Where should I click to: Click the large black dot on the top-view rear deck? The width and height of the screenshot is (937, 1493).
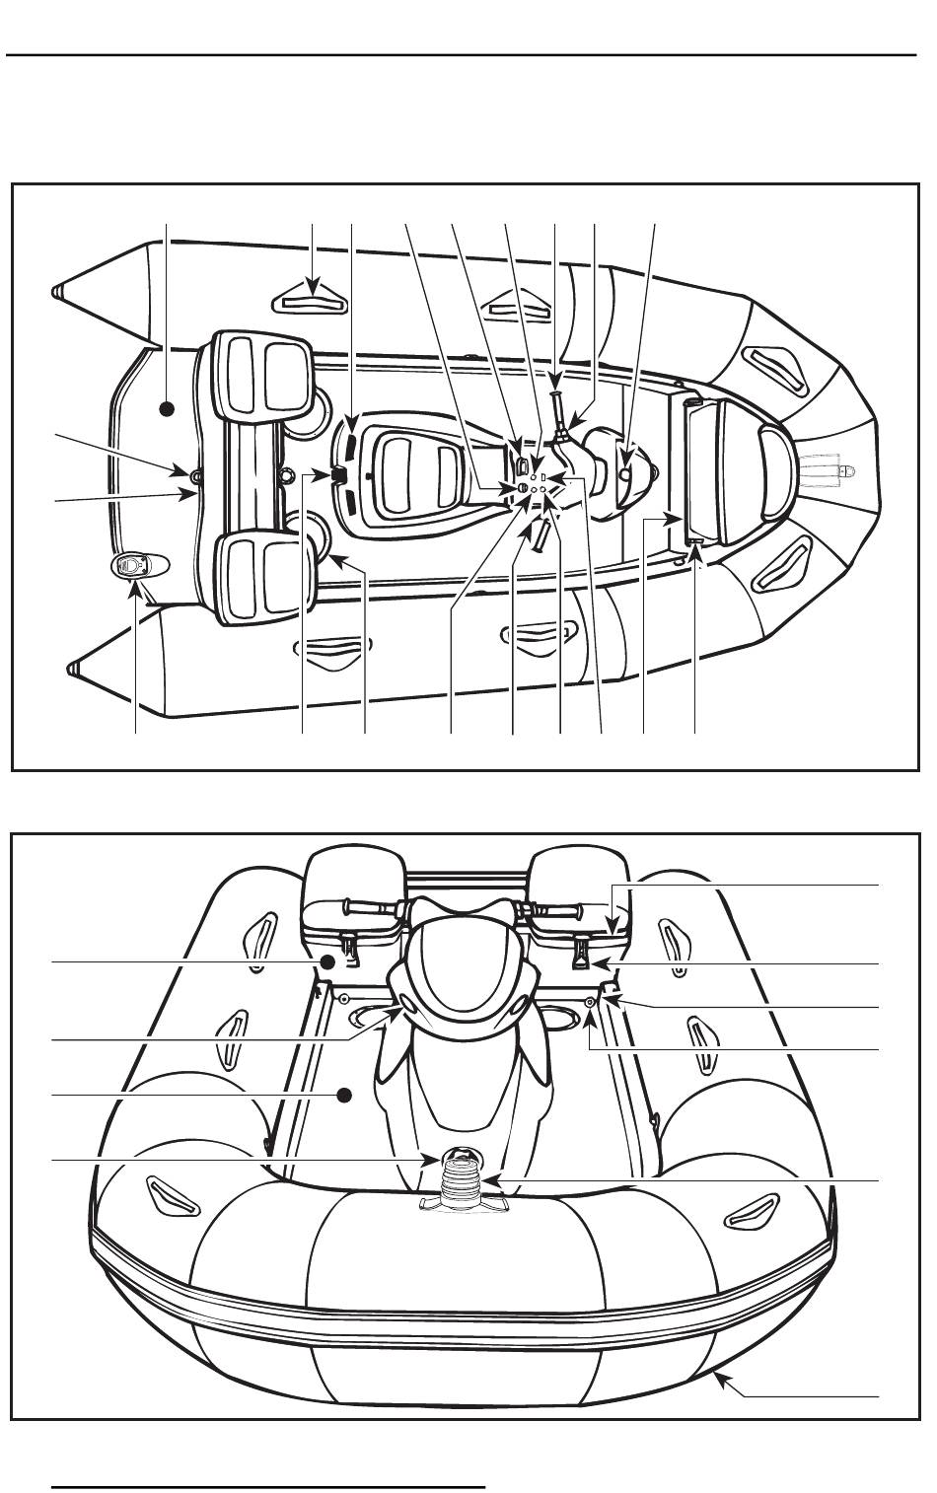pyautogui.click(x=167, y=406)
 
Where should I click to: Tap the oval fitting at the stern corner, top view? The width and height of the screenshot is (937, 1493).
pyautogui.click(x=129, y=565)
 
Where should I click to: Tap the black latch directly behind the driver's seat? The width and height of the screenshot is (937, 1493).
pyautogui.click(x=337, y=475)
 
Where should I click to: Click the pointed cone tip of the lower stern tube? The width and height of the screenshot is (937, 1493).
pyautogui.click(x=72, y=670)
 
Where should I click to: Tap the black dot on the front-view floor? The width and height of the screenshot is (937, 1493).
pyautogui.click(x=343, y=1095)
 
